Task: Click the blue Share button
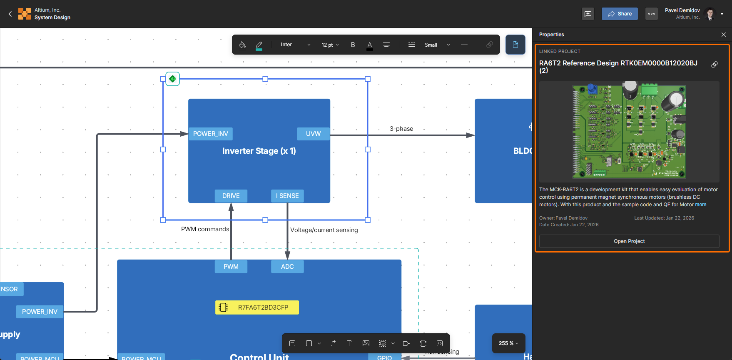tap(620, 14)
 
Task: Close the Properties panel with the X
tap(724, 35)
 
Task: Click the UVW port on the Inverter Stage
tap(313, 134)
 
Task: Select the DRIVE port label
tap(231, 196)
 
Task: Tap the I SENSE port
tap(287, 196)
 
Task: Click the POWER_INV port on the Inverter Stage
tap(211, 134)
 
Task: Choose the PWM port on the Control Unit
tap(231, 267)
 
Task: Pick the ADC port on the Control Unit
tap(287, 267)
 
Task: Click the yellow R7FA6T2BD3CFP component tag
tap(257, 307)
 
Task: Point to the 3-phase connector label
tap(401, 129)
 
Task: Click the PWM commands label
tap(205, 229)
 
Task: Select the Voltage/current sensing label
tap(324, 230)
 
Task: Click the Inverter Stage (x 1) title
tap(259, 151)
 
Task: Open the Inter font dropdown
tap(295, 45)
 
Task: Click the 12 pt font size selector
tap(330, 45)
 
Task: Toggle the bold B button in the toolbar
tap(353, 45)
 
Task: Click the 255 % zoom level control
tap(508, 343)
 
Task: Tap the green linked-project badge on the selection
tap(172, 79)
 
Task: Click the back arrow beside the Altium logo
tap(10, 14)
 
